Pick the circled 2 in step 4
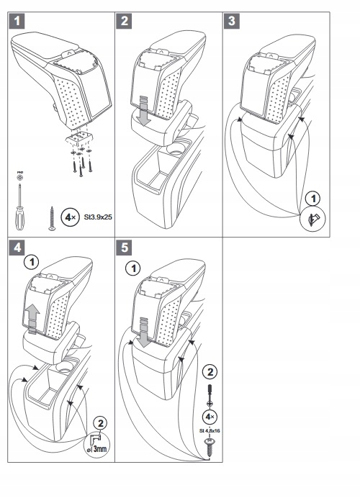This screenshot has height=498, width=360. pyautogui.click(x=102, y=422)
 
